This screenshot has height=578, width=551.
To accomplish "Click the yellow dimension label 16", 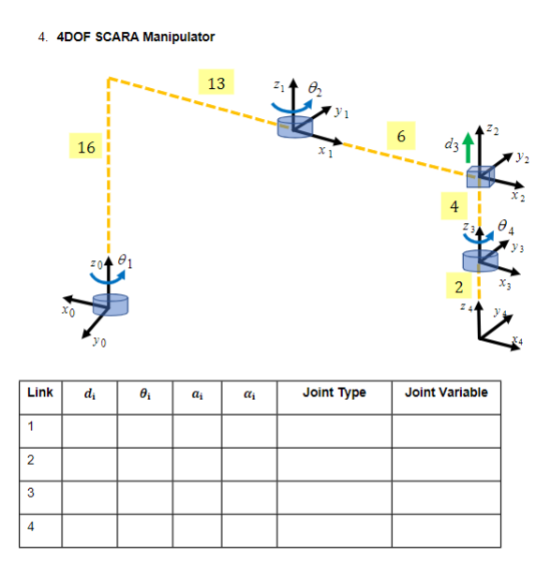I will [86, 148].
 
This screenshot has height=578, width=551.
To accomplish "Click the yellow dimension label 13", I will [216, 84].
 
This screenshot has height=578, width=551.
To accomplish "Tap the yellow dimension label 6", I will [401, 137].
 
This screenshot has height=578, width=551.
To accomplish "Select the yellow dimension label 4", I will [454, 205].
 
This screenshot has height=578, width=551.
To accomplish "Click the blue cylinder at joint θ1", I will [111, 304].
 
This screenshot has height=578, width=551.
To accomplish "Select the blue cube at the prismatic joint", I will [480, 175].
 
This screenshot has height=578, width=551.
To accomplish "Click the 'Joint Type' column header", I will [335, 393].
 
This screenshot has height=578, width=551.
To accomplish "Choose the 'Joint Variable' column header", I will [446, 393].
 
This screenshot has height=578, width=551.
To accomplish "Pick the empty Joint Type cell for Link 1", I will [335, 427].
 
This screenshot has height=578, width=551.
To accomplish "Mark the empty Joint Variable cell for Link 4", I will [446, 526].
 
